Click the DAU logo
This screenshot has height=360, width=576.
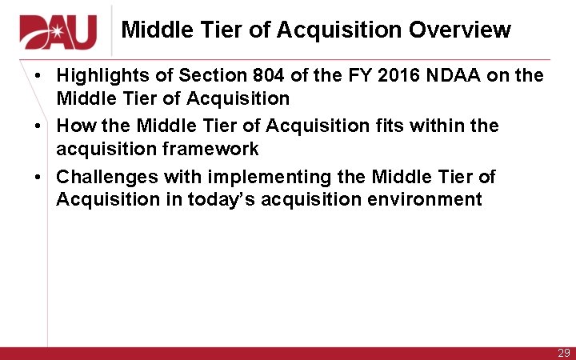point(58,31)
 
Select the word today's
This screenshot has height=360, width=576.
point(221,199)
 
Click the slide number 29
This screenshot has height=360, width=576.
point(563,353)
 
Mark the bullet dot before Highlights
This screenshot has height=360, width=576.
point(38,77)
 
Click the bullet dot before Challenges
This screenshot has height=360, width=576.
point(38,177)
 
